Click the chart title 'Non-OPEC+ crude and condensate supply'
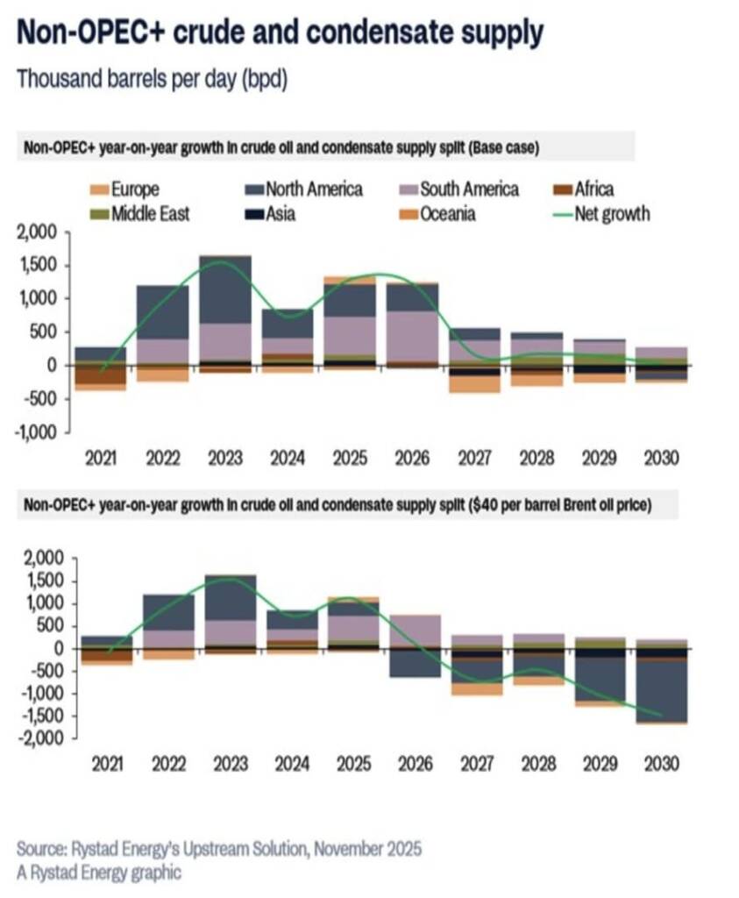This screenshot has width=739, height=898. pos(279,33)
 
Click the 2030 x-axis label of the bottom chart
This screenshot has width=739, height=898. pos(661,764)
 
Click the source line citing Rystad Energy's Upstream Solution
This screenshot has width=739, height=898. pos(219,849)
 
